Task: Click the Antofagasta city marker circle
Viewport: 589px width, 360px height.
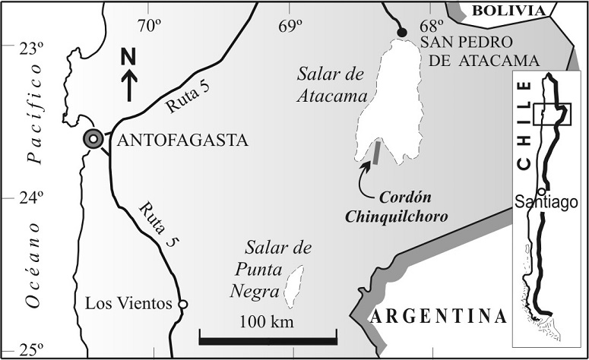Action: click(x=93, y=139)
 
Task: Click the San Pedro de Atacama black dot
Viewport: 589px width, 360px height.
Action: click(x=401, y=31)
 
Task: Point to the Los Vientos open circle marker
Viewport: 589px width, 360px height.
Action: click(x=182, y=305)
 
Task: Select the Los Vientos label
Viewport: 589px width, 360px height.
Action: click(x=128, y=305)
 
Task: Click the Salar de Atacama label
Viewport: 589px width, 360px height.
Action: click(x=334, y=84)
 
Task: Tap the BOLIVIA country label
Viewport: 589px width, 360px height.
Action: click(x=508, y=10)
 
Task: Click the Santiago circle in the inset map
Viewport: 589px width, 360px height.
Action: click(x=541, y=191)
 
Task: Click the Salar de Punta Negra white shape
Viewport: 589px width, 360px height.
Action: click(x=293, y=283)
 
